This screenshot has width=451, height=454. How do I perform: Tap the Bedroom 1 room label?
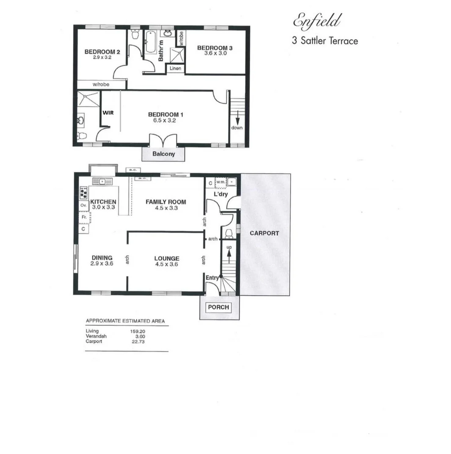(165, 114)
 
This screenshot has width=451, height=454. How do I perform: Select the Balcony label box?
(164, 154)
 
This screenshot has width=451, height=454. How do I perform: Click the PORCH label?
(219, 307)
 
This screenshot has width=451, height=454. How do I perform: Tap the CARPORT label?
(264, 233)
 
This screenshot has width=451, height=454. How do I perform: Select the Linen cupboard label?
(175, 68)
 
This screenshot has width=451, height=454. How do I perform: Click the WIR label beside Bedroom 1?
(109, 113)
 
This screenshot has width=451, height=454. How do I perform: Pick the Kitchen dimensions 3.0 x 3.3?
(104, 207)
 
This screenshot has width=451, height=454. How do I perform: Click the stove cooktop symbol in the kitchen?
(83, 193)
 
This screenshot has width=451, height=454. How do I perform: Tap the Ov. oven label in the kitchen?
(83, 205)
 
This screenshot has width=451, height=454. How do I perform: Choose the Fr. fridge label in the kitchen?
(84, 217)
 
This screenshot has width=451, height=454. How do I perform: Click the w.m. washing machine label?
(221, 182)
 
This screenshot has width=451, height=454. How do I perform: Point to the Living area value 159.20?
(138, 331)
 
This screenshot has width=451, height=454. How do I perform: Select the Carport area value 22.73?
(138, 341)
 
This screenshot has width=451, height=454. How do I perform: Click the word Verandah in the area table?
(96, 336)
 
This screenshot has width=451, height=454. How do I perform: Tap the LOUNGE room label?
(167, 258)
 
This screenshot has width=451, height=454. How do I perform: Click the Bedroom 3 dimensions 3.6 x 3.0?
(215, 54)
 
